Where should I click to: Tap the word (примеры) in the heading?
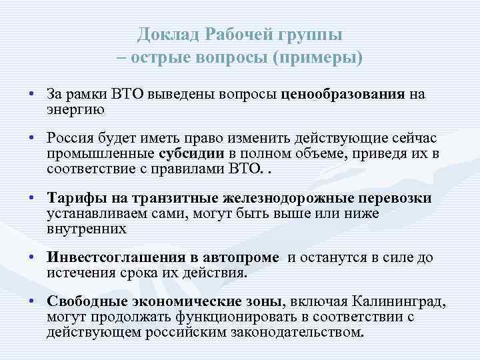318,58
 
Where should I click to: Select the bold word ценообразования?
343,94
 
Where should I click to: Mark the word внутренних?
87,229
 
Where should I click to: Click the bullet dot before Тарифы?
32,199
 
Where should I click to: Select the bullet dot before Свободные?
32,303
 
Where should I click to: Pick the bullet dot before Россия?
32,137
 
